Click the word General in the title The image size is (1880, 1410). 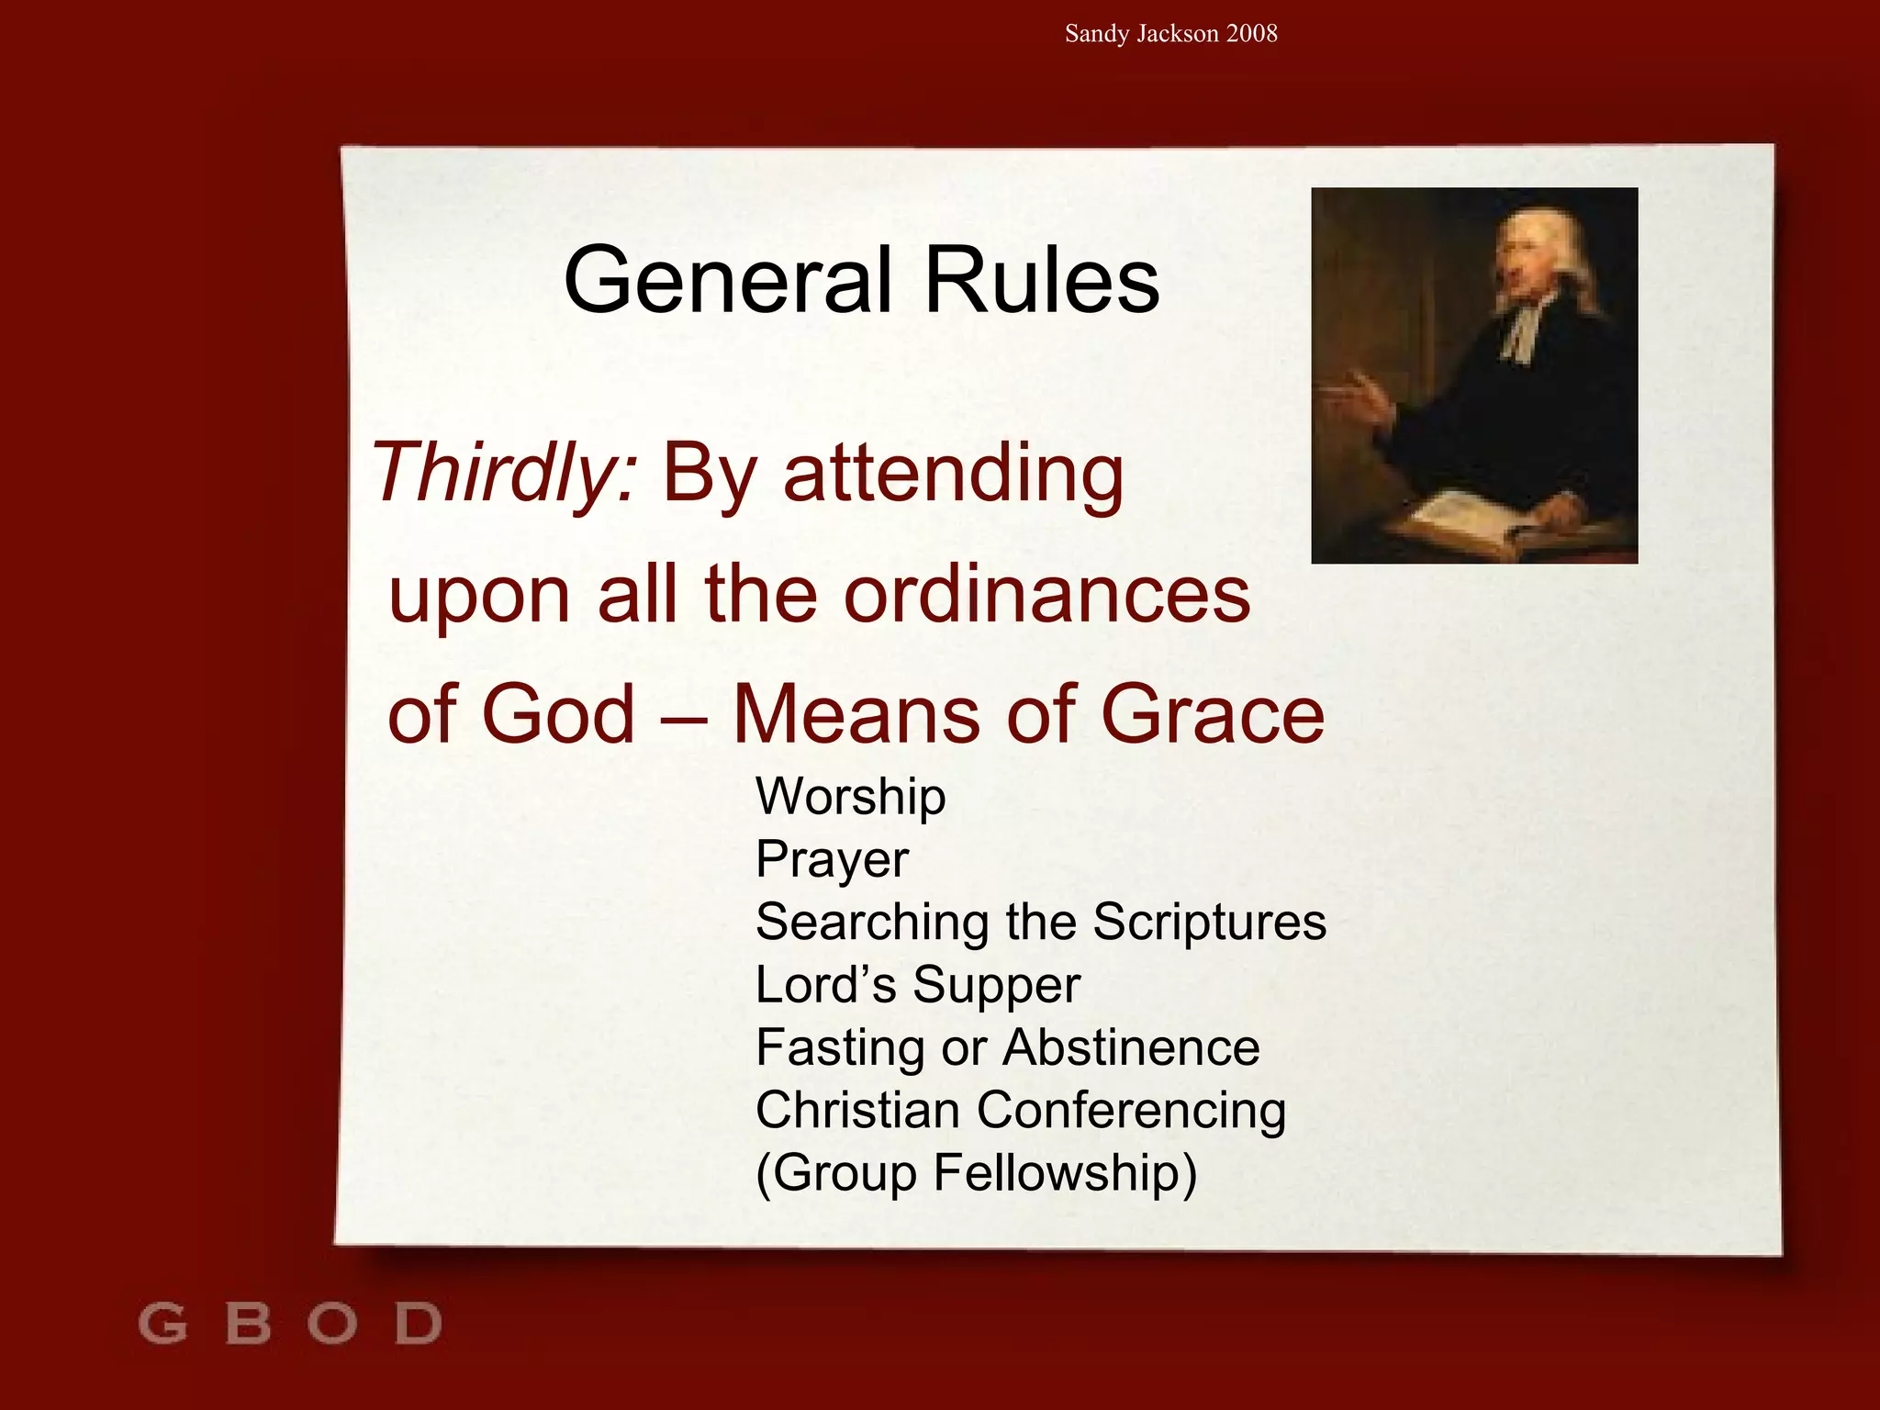pos(728,280)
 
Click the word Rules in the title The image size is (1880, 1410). pos(1042,280)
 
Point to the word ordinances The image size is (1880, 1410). pos(1046,595)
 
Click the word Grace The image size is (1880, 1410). pos(1212,714)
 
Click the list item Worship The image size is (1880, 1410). pos(850,797)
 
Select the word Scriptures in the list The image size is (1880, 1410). pos(1210,922)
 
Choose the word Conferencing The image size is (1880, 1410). pos(1131,1111)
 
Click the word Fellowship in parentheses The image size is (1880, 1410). pos(1065,1173)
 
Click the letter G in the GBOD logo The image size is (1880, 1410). pos(162,1325)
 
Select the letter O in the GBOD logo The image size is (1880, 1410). pos(332,1325)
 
